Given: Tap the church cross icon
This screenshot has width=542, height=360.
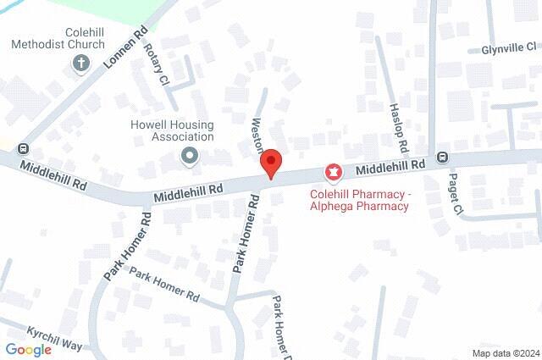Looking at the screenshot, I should (x=81, y=63).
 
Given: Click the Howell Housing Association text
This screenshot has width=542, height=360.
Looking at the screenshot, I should (x=166, y=130).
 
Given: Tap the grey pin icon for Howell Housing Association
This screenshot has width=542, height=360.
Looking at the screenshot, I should (x=190, y=156).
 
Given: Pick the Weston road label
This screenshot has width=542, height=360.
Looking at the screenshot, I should (x=259, y=134).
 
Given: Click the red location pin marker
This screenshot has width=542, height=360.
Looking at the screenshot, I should (x=270, y=163).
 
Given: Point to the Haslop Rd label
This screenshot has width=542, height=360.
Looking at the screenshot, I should (x=400, y=122).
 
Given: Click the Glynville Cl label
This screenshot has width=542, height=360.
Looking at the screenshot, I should (x=509, y=48).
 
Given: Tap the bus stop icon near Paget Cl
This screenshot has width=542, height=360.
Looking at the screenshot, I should (x=442, y=156).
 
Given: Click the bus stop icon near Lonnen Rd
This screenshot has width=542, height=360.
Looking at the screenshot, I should (x=23, y=147).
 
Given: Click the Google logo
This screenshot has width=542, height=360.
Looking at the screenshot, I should (x=28, y=349).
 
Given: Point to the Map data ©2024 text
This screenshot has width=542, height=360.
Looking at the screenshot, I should (x=505, y=353).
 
